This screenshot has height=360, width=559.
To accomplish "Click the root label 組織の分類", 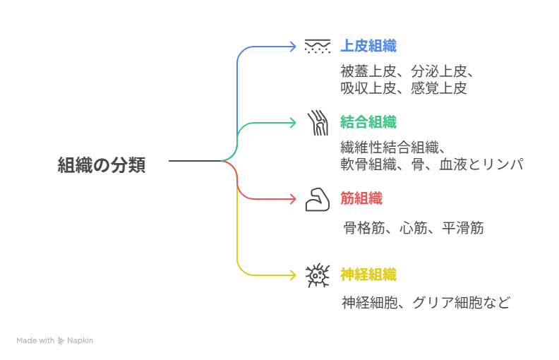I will click(x=102, y=166).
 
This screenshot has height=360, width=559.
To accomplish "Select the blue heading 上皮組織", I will click(x=368, y=47).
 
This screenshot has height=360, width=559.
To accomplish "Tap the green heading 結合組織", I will click(x=368, y=123).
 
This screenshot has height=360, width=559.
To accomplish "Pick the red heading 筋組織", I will click(x=361, y=199).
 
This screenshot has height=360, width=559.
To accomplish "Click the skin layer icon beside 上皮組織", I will click(x=318, y=47).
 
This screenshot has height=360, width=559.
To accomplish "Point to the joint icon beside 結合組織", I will click(x=318, y=123).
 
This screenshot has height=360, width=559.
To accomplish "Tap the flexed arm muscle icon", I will click(x=318, y=200).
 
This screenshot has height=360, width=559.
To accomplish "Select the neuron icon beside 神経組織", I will click(x=318, y=275).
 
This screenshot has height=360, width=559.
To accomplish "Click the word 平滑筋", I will click(x=463, y=229).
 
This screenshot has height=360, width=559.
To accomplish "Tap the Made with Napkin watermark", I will click(x=55, y=340).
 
